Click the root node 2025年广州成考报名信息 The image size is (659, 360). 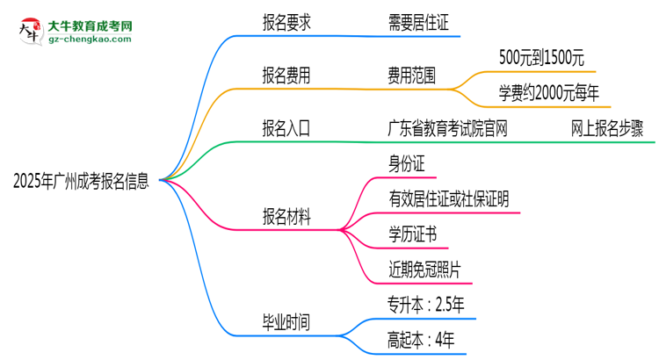[x=80, y=182]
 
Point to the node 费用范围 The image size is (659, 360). [x=410, y=76]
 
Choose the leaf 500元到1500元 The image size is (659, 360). [x=528, y=60]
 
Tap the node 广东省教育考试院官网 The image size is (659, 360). [x=447, y=129]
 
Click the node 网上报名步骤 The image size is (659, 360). [x=606, y=129]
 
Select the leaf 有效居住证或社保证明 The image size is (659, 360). [x=447, y=199]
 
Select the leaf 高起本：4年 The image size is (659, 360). [x=419, y=339]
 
